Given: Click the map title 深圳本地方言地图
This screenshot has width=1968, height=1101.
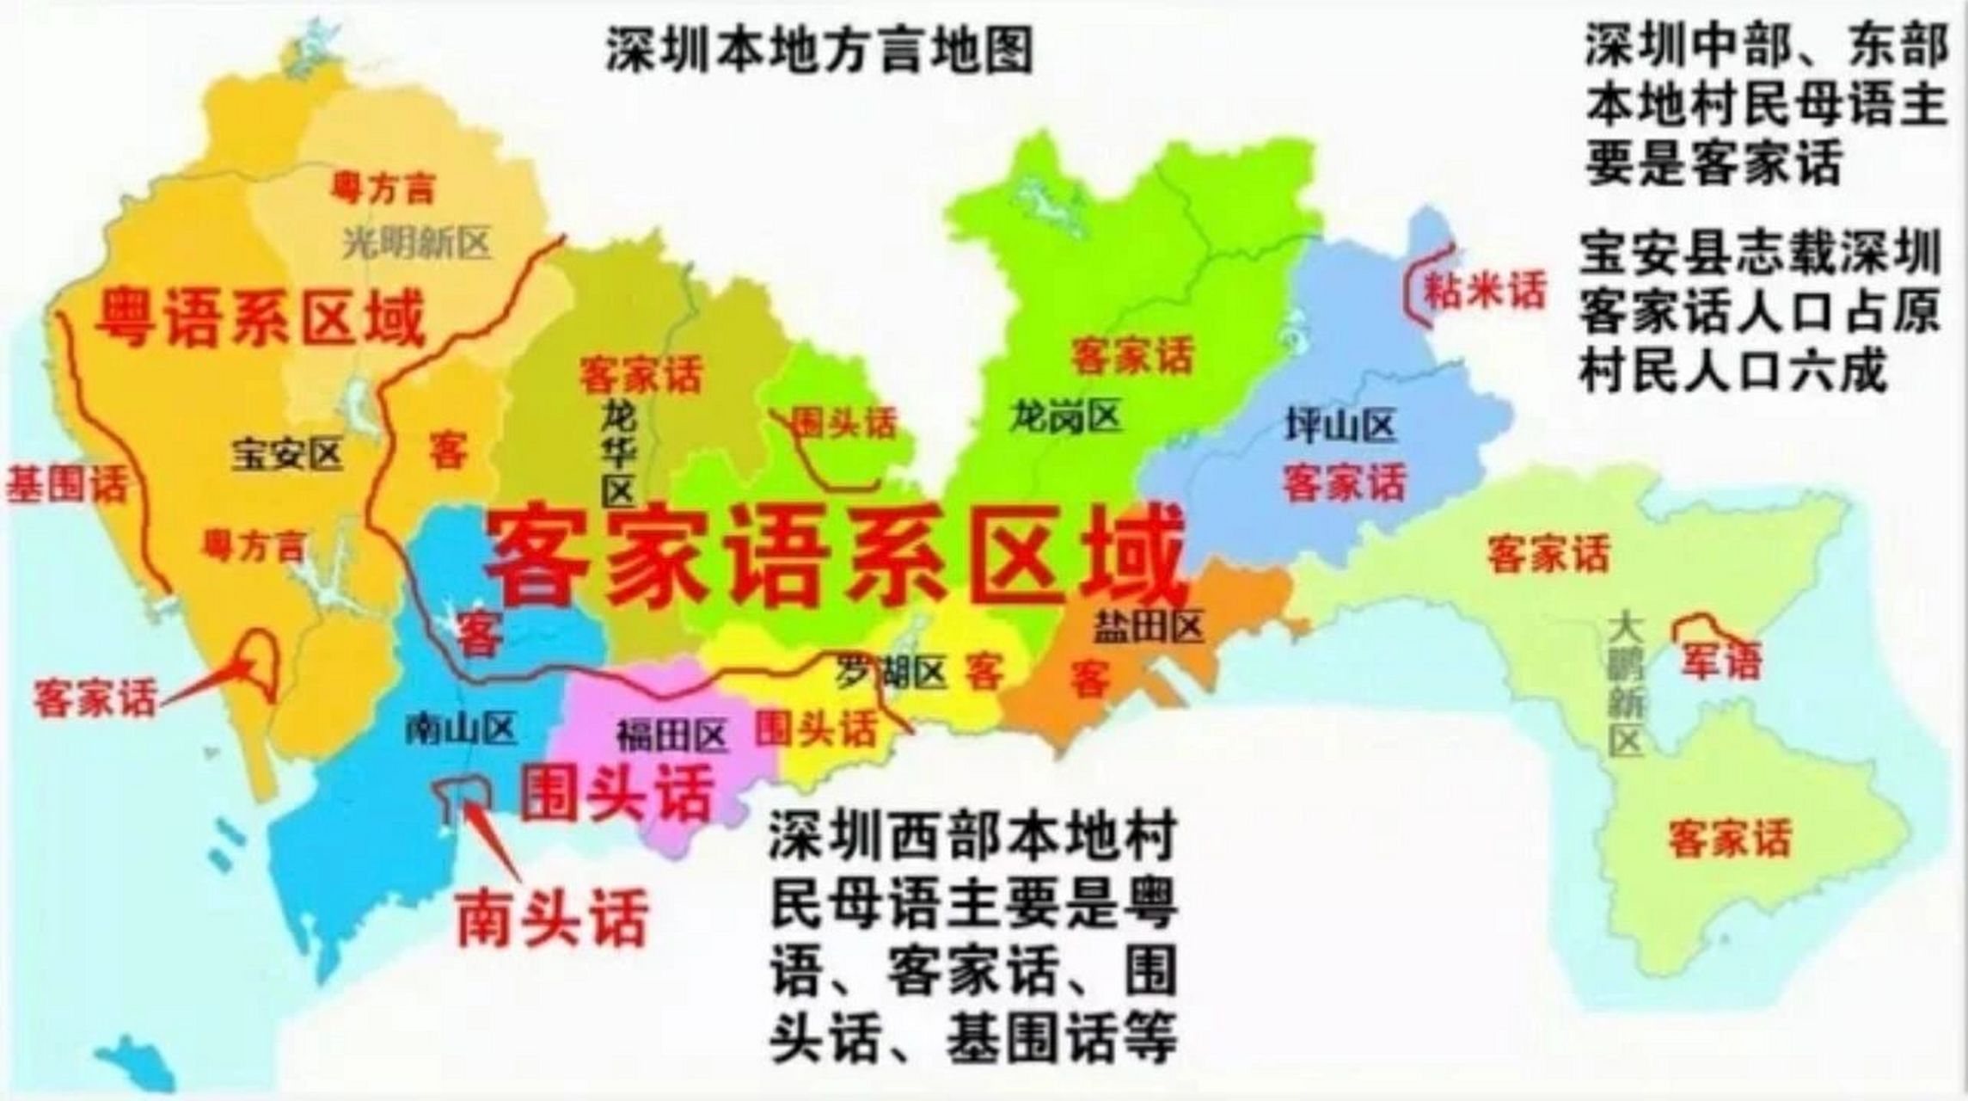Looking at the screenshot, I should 819,51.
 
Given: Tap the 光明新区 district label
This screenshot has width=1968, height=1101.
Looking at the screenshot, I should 416,243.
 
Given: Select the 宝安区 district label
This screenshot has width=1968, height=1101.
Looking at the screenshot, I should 287,454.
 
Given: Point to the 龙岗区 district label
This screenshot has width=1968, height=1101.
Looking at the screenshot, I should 1066,417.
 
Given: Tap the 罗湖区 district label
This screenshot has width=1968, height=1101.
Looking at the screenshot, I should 892,672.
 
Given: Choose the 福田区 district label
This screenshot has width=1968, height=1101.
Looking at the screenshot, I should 672,735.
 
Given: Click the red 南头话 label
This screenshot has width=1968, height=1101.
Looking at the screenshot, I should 551,918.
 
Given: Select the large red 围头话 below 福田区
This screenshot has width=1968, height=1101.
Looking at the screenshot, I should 617,792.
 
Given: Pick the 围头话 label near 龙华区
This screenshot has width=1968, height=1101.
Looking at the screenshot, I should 843,422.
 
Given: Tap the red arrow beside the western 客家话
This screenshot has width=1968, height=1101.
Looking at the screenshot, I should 206,685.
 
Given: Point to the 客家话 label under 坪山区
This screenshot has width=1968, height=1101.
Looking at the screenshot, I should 1344,482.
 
